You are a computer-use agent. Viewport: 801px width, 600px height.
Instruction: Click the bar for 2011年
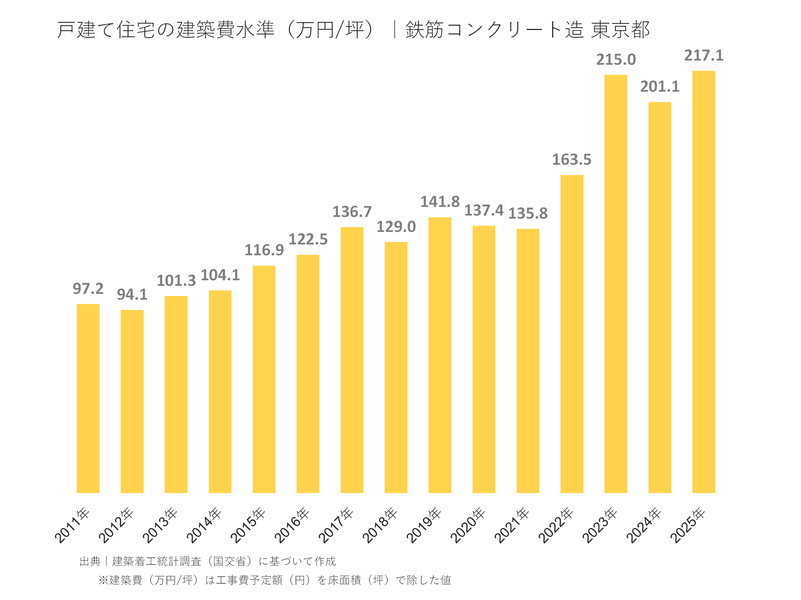click(x=88, y=398)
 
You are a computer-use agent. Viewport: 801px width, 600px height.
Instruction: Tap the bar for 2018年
click(x=396, y=367)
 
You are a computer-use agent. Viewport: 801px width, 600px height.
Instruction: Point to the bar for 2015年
click(x=264, y=379)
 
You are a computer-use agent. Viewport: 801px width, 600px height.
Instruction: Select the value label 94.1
click(x=132, y=294)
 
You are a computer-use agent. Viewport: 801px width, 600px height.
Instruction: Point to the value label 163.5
click(x=572, y=159)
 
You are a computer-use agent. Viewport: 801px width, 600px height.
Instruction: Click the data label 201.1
click(x=659, y=86)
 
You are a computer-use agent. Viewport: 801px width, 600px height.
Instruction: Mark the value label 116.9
click(x=264, y=250)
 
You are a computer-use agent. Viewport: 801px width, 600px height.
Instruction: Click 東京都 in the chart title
click(x=620, y=30)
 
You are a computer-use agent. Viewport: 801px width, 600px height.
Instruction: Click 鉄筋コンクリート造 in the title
click(x=494, y=30)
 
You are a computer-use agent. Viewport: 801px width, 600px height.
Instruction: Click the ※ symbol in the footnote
click(x=103, y=580)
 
